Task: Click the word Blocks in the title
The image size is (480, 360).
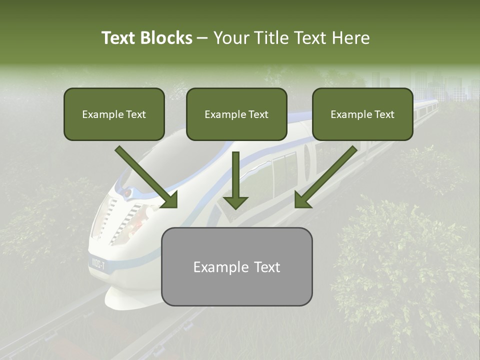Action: click(167, 38)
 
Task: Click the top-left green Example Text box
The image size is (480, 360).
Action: click(114, 114)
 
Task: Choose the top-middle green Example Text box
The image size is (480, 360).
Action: click(236, 114)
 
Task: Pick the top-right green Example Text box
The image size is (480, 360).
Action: click(362, 114)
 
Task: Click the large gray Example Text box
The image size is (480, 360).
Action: click(236, 266)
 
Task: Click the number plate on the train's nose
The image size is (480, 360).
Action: click(98, 263)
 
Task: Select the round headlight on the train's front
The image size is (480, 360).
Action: click(128, 192)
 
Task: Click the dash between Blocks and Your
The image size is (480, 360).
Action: click(202, 38)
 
